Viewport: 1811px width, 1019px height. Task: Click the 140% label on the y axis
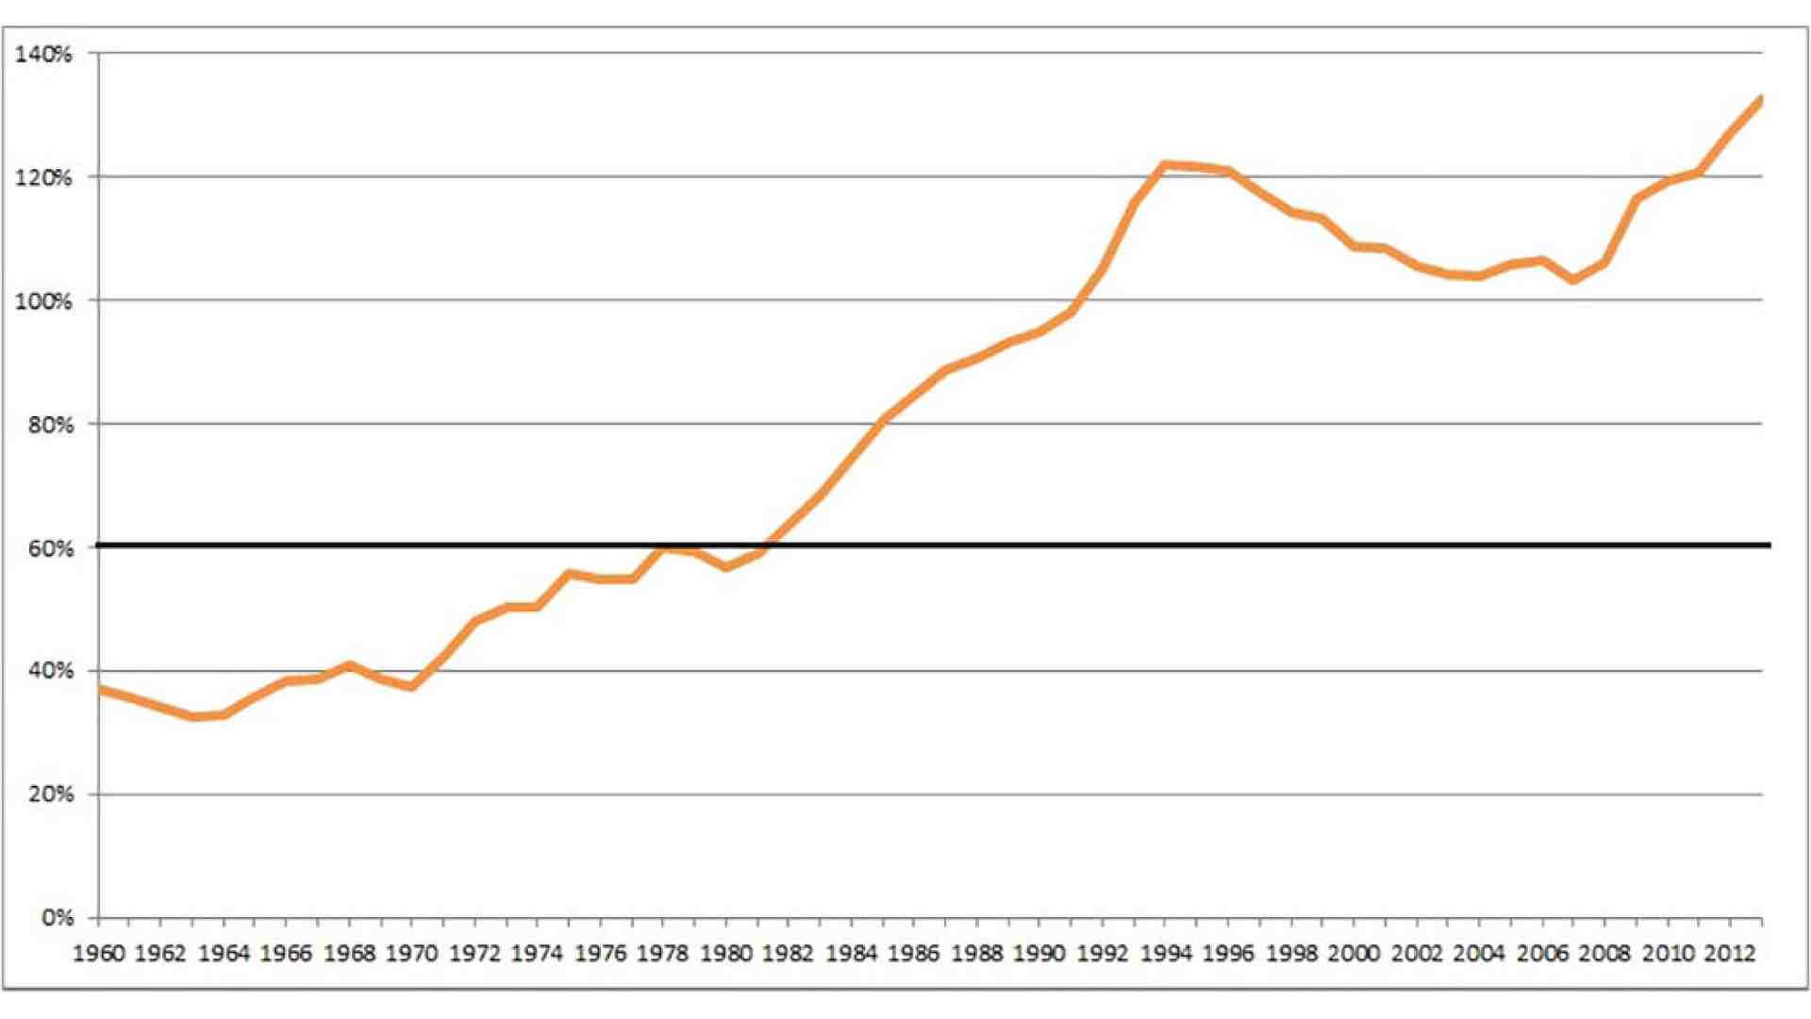[43, 54]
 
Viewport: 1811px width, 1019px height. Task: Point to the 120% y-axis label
[43, 177]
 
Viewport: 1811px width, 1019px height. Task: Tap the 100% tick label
[43, 301]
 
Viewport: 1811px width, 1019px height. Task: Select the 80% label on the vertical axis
[50, 425]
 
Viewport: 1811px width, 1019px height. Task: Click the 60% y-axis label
[50, 548]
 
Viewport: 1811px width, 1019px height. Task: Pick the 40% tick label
[50, 671]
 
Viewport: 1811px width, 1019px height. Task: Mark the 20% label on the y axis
[50, 794]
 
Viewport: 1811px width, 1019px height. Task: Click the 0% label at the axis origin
[57, 918]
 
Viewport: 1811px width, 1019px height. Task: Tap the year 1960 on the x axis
[99, 954]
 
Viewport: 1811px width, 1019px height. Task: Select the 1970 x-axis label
[412, 954]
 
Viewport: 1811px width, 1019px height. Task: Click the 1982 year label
[789, 954]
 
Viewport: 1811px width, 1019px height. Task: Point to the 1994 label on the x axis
[1165, 954]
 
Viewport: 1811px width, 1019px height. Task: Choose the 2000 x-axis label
[1354, 954]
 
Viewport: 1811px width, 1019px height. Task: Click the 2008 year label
[1604, 954]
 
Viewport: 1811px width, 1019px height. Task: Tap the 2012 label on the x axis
[1730, 954]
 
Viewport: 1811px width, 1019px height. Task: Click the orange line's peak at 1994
[1165, 165]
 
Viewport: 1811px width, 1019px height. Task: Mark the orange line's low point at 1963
[193, 717]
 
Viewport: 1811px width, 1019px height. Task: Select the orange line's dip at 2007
[1573, 279]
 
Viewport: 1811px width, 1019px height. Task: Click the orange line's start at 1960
[100, 690]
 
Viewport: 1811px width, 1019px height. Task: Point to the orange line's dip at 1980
[726, 567]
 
